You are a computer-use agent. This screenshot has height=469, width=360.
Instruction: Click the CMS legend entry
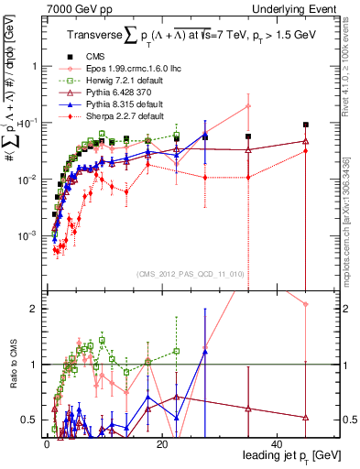[x=93, y=57]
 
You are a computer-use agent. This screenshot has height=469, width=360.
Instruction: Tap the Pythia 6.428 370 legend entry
[x=112, y=93]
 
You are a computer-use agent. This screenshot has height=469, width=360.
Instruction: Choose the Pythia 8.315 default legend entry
[x=115, y=104]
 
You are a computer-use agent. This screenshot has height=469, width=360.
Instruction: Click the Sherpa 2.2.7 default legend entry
[x=115, y=116]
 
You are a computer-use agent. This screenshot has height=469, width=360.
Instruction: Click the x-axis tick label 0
[x=46, y=443]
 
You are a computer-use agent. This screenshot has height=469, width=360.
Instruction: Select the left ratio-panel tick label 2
[x=35, y=309]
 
